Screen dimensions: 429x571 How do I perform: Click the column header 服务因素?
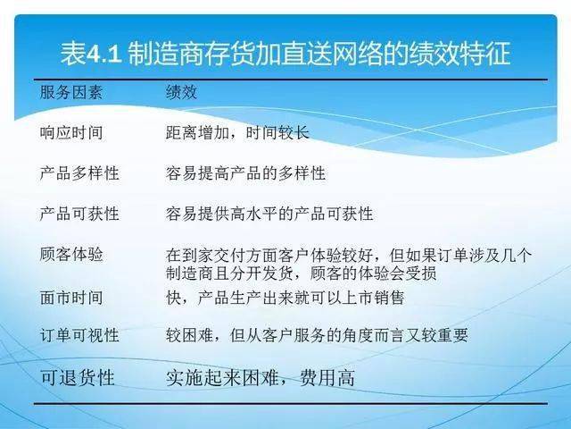[x=71, y=93]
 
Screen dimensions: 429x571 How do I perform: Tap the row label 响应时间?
[x=71, y=132]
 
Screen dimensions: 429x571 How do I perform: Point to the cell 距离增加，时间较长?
[x=237, y=132]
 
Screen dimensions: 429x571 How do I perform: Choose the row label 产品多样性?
[x=79, y=172]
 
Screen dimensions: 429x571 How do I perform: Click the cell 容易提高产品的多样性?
[x=245, y=172]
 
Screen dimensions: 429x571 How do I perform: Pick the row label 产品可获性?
[x=79, y=214]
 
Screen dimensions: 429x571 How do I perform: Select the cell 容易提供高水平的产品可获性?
[x=269, y=214]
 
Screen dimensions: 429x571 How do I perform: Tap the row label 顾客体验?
[x=71, y=254]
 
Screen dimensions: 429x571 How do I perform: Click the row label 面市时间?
[x=71, y=297]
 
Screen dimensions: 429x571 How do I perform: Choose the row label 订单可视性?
[x=79, y=335]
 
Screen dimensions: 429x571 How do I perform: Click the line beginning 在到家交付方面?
[x=349, y=255]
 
